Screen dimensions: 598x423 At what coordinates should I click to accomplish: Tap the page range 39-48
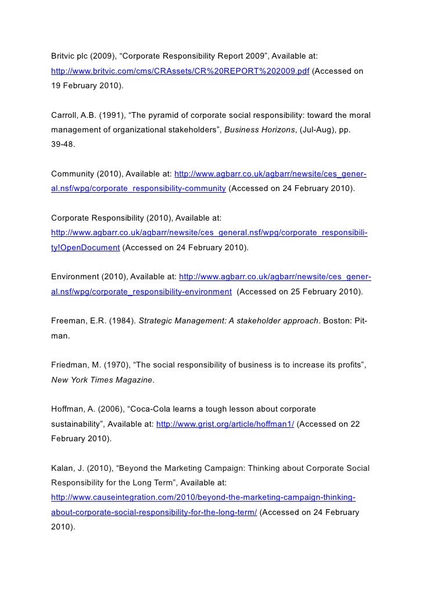[x=63, y=145]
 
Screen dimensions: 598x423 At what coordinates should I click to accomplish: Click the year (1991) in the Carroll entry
[x=110, y=114]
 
